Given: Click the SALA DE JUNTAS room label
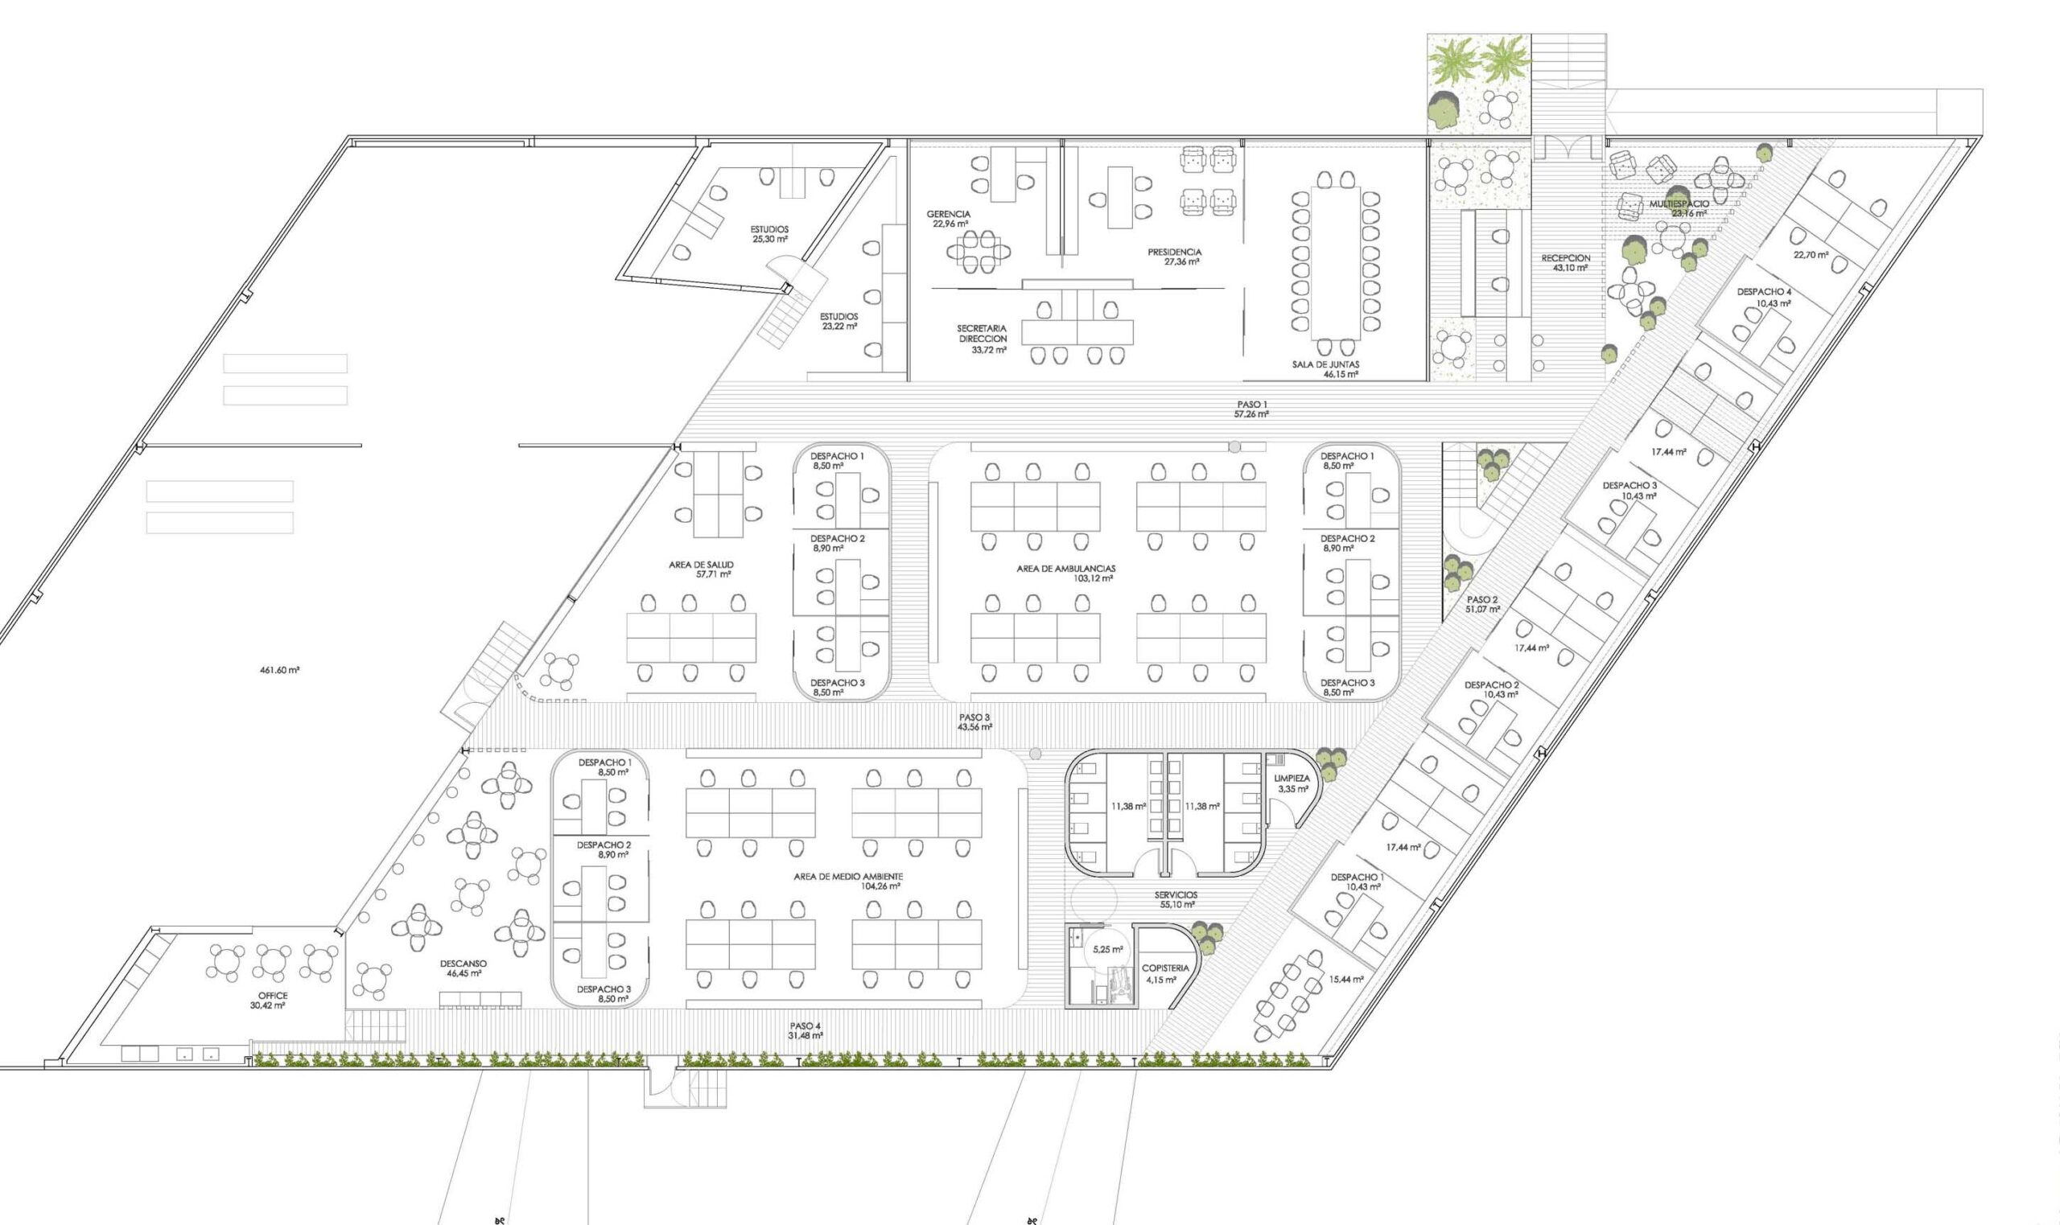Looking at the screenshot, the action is tap(1326, 364).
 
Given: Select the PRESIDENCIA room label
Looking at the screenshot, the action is tap(1174, 252).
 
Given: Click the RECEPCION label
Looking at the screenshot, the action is tap(1565, 257).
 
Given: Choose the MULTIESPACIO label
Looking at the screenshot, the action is tap(1679, 203).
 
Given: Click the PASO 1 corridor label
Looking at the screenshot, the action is tap(1251, 404).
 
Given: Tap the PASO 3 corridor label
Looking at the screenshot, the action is tap(974, 717).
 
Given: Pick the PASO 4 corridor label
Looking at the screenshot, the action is tap(805, 1026).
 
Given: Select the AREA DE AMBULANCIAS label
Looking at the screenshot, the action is tap(1067, 568).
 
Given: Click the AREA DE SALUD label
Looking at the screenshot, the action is tap(701, 565).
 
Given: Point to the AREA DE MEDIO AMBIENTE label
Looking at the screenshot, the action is tap(848, 876).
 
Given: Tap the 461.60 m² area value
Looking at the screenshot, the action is tap(279, 669).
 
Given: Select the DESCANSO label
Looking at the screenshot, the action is tap(463, 964).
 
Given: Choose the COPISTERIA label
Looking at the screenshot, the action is tap(1165, 968).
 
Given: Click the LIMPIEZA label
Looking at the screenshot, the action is tap(1292, 779).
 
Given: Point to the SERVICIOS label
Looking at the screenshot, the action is tap(1176, 894).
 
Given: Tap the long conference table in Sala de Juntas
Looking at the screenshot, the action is tap(1335, 262).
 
